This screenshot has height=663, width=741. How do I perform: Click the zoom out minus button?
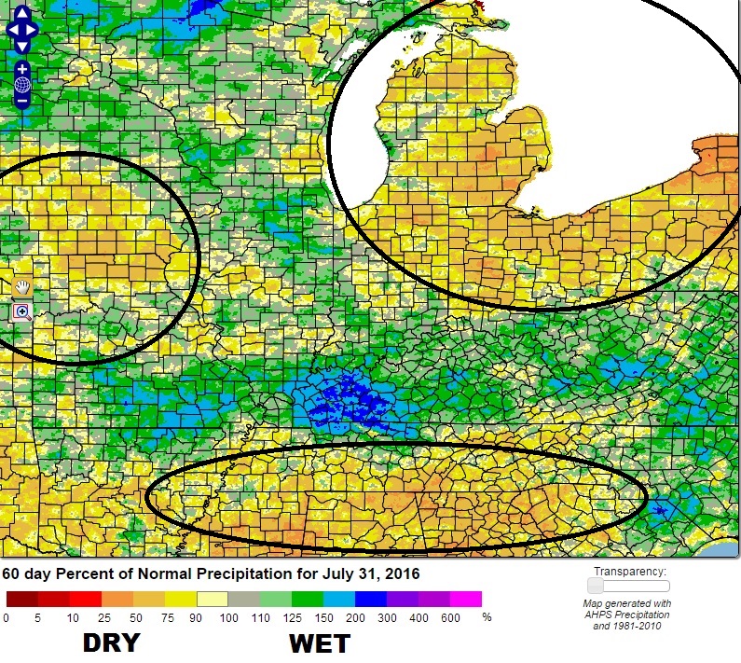click(21, 100)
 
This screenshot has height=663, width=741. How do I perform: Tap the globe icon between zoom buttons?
click(21, 85)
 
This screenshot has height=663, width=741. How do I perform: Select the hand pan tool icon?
click(21, 287)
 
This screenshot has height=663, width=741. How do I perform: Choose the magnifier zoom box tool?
click(21, 311)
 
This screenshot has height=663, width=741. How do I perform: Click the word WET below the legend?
click(319, 643)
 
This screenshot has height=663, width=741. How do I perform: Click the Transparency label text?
click(630, 571)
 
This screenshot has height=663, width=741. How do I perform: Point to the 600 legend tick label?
click(450, 617)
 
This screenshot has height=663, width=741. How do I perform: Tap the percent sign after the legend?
click(486, 617)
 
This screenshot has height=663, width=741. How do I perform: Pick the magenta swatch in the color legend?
click(466, 600)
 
